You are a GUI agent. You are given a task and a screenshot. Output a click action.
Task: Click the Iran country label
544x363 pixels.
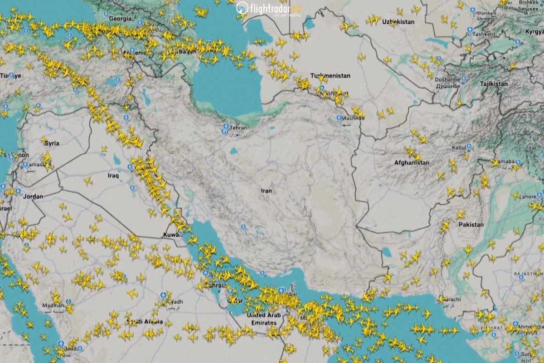266,191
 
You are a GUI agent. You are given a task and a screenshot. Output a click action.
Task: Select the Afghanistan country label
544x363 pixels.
412,162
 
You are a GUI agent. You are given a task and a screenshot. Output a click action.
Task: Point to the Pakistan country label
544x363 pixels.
471,225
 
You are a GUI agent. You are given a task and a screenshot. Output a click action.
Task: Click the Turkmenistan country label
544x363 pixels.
330,76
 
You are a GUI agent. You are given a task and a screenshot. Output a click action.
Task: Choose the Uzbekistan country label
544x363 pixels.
398,22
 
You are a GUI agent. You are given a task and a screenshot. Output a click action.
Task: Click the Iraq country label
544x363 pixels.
113,175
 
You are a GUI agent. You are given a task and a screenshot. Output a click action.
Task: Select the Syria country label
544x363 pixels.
52,143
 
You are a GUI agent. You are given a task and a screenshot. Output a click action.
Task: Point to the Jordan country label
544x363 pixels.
33,196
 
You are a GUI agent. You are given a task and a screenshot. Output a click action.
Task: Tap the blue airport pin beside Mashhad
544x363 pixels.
339,118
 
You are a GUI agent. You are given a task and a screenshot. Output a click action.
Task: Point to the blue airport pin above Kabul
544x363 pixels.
469,147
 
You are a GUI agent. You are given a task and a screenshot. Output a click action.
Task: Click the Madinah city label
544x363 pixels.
53,305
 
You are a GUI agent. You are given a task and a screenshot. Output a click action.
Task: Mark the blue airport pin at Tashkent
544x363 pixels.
470,30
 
